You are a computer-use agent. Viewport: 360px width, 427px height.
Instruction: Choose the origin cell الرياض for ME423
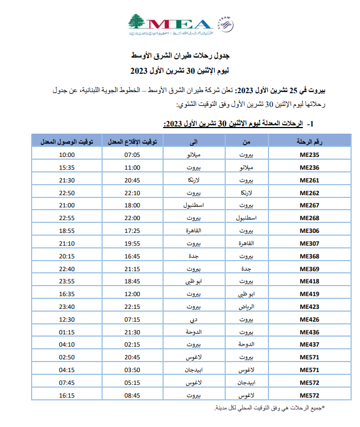click(x=245, y=307)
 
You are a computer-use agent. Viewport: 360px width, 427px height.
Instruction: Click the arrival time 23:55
click(x=67, y=281)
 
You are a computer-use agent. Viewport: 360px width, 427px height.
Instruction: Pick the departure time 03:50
click(x=132, y=370)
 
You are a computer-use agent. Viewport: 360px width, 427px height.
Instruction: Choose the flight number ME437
click(x=310, y=344)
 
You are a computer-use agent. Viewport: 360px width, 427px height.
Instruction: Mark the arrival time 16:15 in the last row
click(x=67, y=395)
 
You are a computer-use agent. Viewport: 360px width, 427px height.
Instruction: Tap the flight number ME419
click(x=310, y=294)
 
